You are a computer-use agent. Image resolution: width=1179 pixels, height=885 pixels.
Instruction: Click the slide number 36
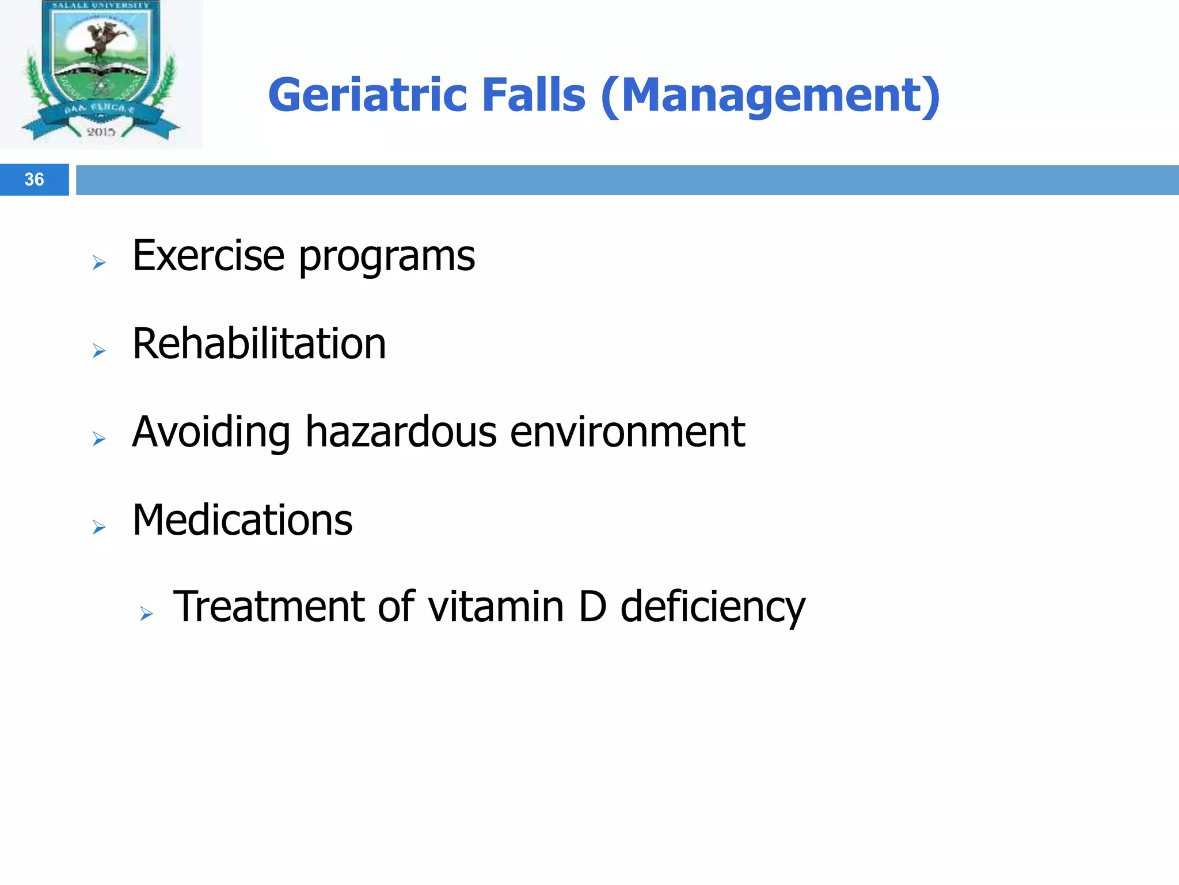[34, 180]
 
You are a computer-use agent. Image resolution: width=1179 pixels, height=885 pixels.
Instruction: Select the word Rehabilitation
[259, 344]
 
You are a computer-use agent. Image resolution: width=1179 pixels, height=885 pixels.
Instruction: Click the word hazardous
[401, 432]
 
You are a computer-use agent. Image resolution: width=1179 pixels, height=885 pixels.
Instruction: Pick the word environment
[627, 432]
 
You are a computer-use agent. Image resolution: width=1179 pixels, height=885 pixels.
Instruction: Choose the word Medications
[242, 520]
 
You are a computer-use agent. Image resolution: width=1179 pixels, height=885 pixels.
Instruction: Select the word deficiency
[713, 608]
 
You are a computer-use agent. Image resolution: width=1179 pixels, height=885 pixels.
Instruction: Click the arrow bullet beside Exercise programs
[99, 263]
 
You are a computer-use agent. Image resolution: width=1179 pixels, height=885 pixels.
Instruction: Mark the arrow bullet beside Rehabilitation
[99, 351]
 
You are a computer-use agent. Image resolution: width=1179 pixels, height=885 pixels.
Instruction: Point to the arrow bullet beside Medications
[99, 527]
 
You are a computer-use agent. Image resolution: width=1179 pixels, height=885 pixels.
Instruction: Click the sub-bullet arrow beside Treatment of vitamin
[146, 614]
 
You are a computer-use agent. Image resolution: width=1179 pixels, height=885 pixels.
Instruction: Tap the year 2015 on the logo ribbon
[101, 132]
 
